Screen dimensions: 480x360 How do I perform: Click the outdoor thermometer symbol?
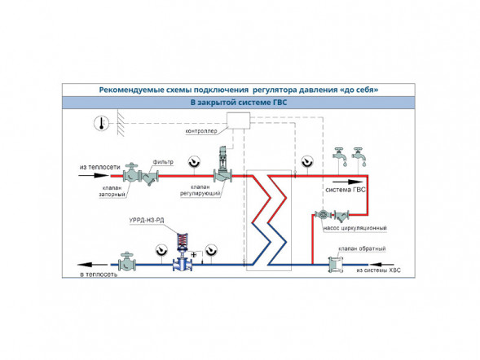101,123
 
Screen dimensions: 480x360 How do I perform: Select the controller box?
238,121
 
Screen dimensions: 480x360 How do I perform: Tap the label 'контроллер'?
201,131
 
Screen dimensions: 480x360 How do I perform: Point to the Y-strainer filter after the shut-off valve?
149,177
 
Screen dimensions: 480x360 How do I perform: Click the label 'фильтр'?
163,162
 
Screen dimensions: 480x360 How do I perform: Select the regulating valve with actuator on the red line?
222,165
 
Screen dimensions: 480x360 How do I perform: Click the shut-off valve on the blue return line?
127,261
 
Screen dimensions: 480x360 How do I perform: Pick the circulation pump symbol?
323,214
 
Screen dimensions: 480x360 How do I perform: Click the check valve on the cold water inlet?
336,265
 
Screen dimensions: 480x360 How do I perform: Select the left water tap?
340,157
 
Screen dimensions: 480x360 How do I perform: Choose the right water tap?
359,157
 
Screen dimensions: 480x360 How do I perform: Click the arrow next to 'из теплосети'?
94,176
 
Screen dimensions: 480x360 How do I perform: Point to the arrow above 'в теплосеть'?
92,265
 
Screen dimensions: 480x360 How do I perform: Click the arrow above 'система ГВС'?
345,182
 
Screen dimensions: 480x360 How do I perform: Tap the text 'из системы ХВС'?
378,270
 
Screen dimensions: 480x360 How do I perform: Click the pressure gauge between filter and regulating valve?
195,162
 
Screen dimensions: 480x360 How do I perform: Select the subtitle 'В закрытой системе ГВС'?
239,103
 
